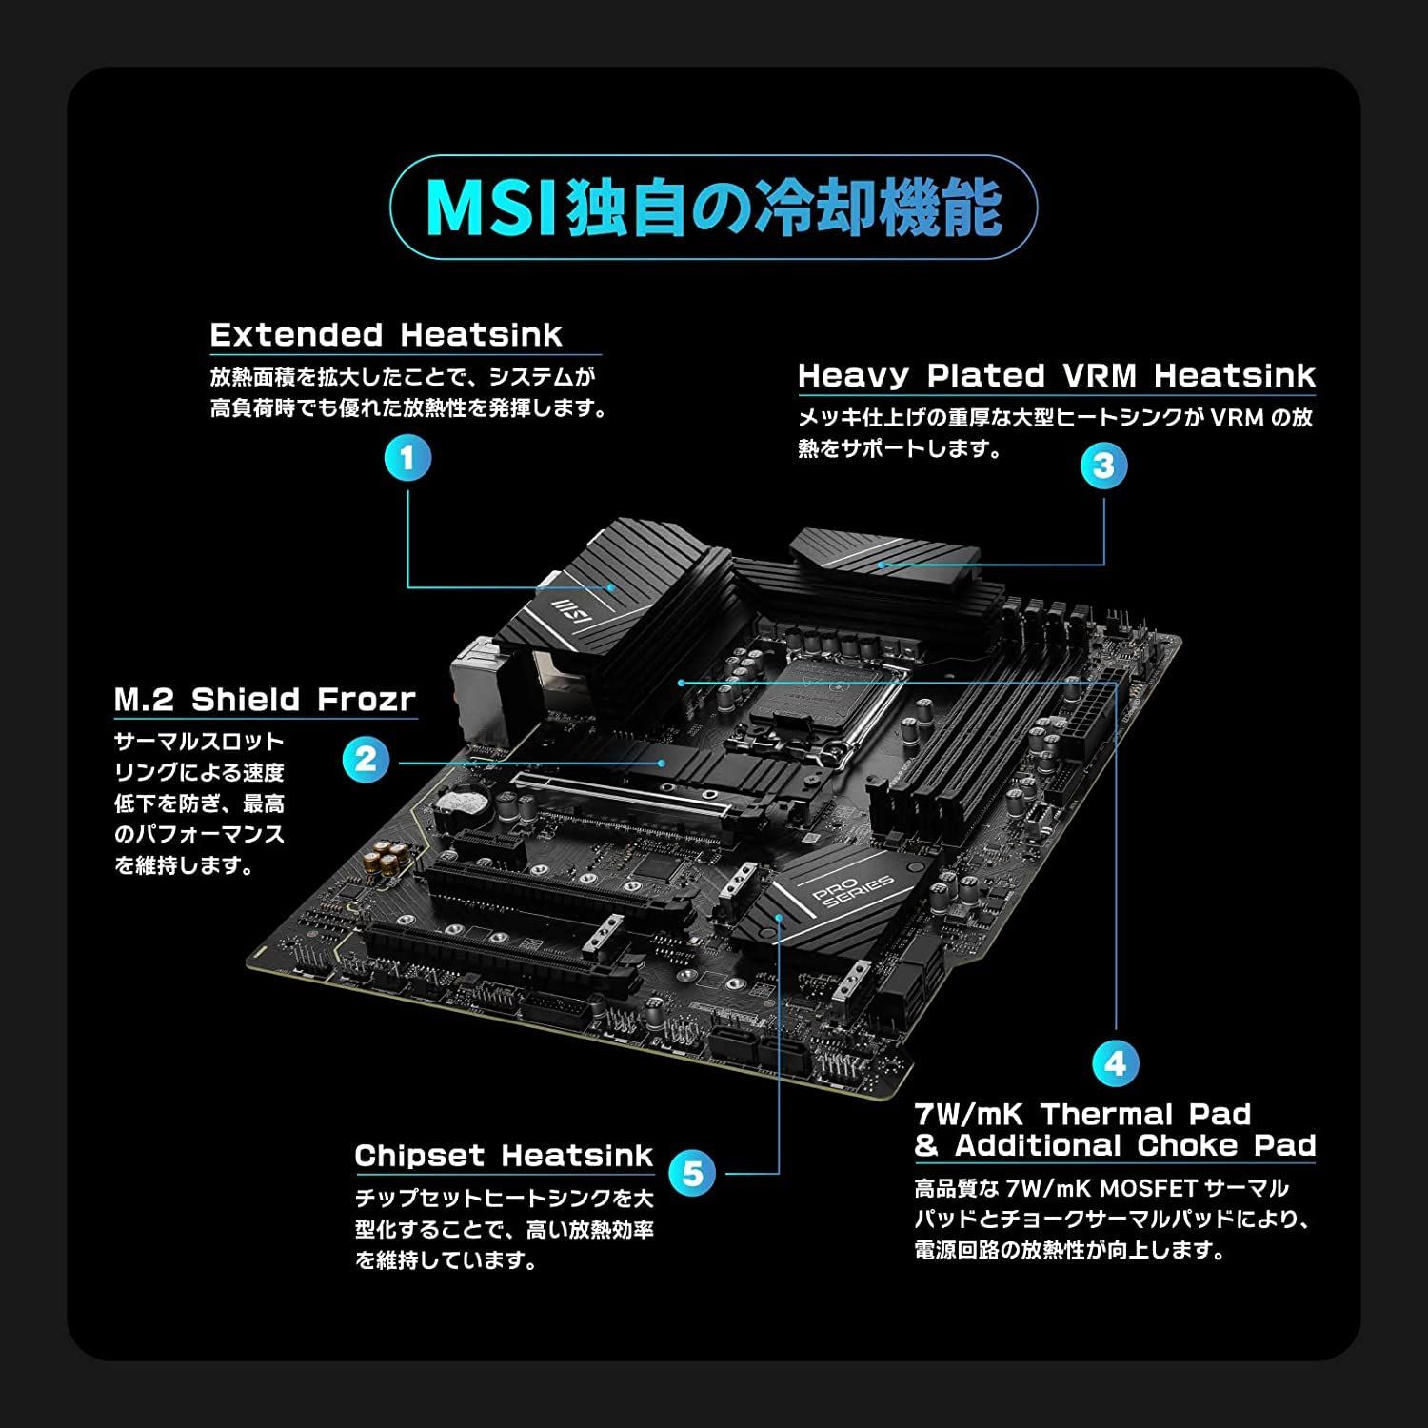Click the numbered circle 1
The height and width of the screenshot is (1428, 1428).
[x=407, y=459]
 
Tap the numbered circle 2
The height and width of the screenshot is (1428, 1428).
[x=366, y=760]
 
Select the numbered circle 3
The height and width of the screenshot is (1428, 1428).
[x=1103, y=466]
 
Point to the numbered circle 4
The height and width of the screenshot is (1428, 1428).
[x=1115, y=1063]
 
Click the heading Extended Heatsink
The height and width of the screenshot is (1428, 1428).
[x=386, y=335]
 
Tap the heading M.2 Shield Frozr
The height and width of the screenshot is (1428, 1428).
[x=265, y=700]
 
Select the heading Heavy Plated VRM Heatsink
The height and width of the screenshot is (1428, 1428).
[x=1056, y=375]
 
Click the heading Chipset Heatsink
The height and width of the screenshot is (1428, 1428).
[x=504, y=1156]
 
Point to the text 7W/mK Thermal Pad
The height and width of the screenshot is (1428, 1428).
[x=1082, y=1114]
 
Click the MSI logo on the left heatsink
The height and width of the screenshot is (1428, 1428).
[x=562, y=605]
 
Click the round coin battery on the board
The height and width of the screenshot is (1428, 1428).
[x=460, y=804]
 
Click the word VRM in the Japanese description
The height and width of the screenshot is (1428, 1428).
[x=1236, y=417]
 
